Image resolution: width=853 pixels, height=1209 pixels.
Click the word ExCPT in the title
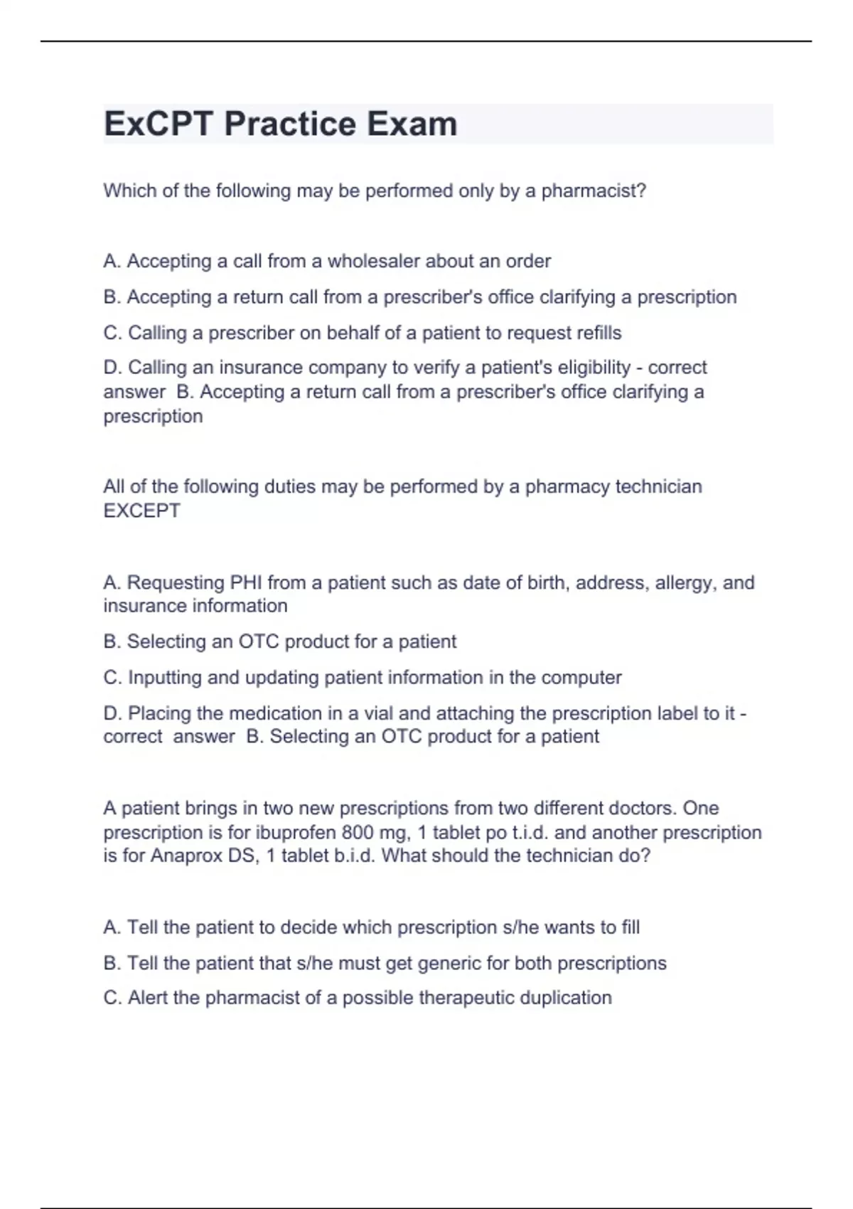pos(158,124)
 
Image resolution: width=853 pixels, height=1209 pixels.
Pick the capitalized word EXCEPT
pos(142,511)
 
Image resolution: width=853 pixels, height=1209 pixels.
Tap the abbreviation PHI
pos(247,582)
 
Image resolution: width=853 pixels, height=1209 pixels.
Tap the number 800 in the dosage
pos(358,832)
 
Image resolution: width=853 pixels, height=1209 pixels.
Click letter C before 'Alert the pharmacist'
pos(111,998)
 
